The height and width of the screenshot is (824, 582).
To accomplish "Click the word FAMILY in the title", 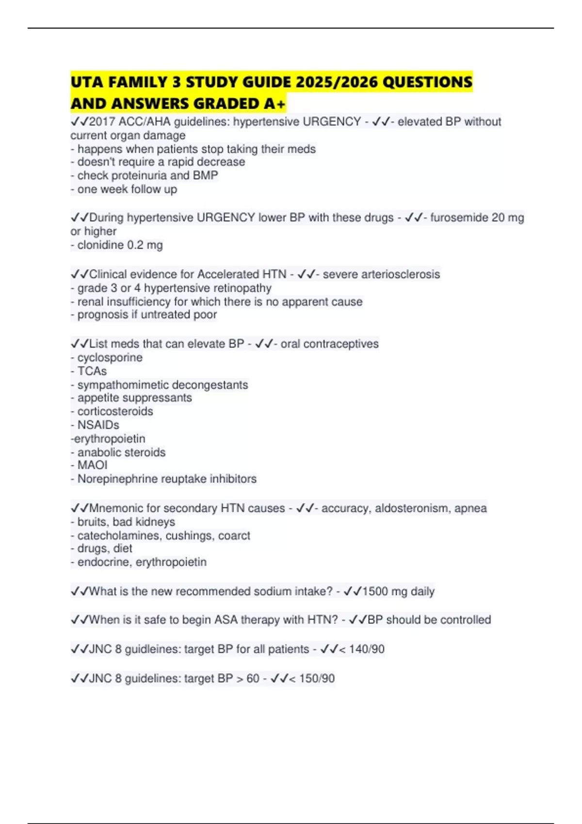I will pos(137,82).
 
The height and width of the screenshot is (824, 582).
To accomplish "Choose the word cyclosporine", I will pos(110,358).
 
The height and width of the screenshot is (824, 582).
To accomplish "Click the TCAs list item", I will pos(92,371).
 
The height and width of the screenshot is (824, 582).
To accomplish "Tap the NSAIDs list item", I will pos(98,425).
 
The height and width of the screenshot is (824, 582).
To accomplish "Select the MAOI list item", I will pos(92,465).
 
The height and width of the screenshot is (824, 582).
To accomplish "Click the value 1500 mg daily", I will pos(398,591).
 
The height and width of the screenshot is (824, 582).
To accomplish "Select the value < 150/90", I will pos(311,679).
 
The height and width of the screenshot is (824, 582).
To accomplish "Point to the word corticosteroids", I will pos(115,412).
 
